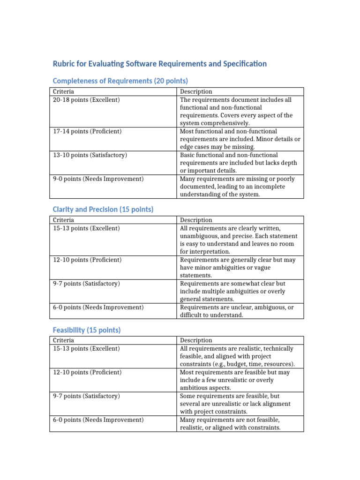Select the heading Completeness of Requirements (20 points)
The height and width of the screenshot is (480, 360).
(x=120, y=81)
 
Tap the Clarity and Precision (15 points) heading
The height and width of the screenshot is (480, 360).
(x=103, y=210)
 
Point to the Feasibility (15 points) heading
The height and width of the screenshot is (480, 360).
(x=86, y=330)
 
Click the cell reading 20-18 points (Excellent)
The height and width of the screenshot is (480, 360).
(x=86, y=100)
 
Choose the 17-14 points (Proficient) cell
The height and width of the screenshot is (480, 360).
(x=87, y=131)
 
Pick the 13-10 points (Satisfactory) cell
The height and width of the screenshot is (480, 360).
(x=90, y=155)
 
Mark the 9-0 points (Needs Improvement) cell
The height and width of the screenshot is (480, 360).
(x=98, y=179)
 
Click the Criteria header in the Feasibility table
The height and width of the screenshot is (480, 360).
(x=63, y=340)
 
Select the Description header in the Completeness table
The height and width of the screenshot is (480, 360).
(x=196, y=92)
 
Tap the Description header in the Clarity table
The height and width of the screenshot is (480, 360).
(x=196, y=220)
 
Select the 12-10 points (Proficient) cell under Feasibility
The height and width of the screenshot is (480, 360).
(x=87, y=372)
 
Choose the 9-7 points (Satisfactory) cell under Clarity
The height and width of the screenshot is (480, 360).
(x=86, y=284)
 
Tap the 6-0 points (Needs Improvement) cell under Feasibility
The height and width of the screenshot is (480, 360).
(x=98, y=420)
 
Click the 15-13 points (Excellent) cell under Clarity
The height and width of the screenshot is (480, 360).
(x=86, y=228)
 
